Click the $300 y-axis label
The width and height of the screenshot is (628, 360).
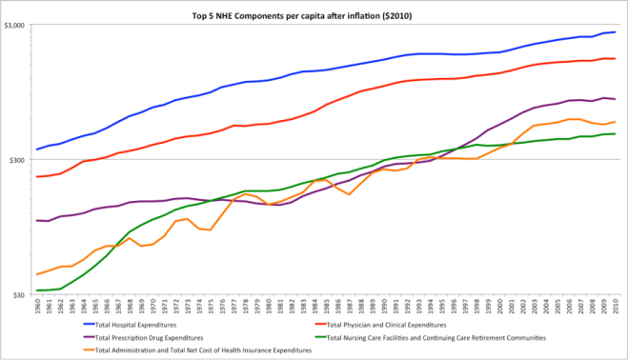coord(19,160)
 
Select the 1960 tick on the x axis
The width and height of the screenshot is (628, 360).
coord(37,309)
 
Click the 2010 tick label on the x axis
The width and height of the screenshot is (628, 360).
coord(617,309)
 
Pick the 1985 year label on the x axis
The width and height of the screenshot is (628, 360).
coord(327,309)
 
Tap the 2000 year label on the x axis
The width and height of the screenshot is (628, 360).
coord(500,309)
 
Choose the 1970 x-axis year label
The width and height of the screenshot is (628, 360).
coord(153,309)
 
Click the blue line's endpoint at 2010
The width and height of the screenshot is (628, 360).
coord(616,32)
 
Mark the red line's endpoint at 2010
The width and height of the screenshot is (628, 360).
coord(616,59)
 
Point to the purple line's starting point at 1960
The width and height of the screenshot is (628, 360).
coord(37,220)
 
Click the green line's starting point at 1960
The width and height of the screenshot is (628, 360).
coord(37,290)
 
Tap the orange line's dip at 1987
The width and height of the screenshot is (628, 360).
coord(350,194)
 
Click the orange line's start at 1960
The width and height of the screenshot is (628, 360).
coord(37,274)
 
